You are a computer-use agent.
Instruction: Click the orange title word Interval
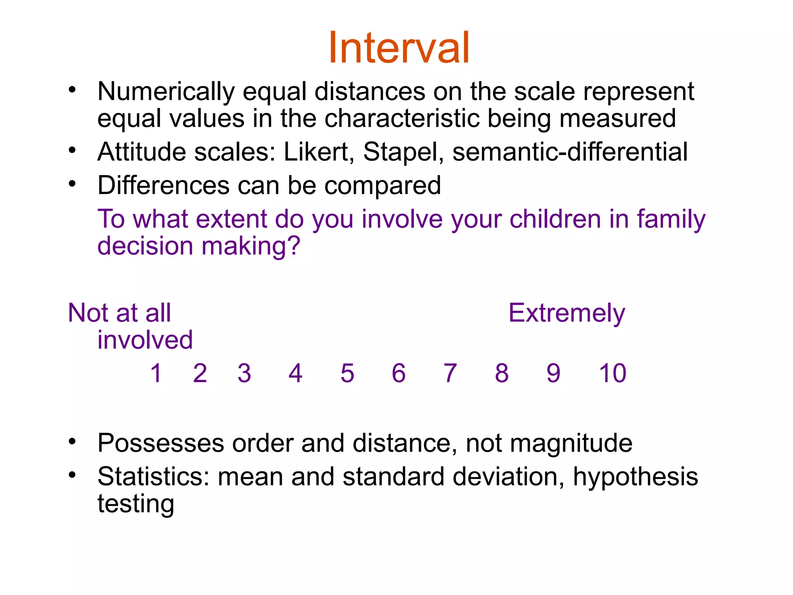(399, 48)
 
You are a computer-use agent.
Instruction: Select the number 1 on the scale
(156, 373)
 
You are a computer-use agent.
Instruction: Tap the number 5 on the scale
(347, 373)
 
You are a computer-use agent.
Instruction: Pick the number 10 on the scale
(612, 373)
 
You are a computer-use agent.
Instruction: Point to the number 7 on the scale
(450, 373)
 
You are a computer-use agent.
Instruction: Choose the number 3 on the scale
(244, 373)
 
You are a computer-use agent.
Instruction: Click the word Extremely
(566, 313)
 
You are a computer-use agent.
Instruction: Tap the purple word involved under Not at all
(145, 340)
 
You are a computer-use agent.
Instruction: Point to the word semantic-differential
(570, 151)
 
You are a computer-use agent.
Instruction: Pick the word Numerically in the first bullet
(166, 92)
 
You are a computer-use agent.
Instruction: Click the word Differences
(163, 185)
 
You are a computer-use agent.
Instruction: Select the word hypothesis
(635, 476)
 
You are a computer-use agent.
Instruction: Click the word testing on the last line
(136, 504)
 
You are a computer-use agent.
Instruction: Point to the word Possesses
(161, 443)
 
